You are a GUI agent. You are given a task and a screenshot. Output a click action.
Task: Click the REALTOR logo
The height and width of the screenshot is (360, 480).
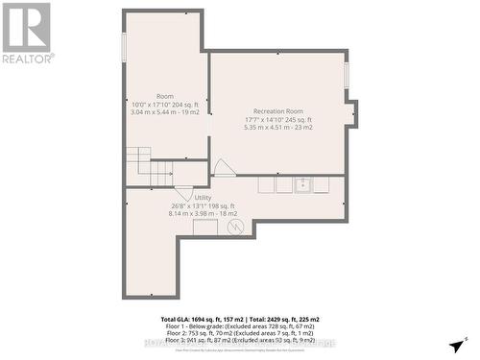pos(27,32)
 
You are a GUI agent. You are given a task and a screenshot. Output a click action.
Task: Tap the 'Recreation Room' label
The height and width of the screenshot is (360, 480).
pos(278,111)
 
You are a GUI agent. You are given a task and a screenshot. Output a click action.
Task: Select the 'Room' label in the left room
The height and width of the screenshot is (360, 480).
pos(165,96)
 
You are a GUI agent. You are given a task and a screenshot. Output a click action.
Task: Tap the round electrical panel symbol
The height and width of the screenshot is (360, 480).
pos(235,228)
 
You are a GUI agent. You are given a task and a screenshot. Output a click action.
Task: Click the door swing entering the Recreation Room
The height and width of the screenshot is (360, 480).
pos(223,168)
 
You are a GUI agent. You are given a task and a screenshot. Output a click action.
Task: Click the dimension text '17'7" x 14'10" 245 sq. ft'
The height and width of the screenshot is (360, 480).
pos(278,119)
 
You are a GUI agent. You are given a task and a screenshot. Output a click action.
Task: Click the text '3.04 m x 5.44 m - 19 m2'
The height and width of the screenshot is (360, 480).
pos(165,112)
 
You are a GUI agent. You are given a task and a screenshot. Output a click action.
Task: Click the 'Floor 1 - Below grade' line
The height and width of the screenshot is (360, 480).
pos(240,326)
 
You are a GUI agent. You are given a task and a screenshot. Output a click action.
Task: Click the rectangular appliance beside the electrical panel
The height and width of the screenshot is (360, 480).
pos(205,228)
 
